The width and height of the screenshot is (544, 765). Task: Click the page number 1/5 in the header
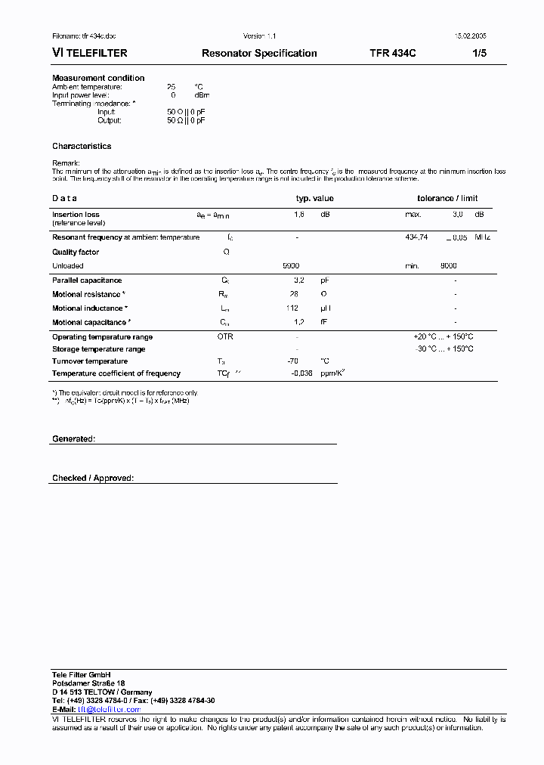(480, 54)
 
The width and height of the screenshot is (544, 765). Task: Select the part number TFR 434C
(393, 54)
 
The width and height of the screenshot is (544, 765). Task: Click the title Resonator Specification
(259, 54)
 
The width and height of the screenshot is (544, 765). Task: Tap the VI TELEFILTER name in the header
(89, 54)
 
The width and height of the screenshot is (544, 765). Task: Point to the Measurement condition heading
(98, 78)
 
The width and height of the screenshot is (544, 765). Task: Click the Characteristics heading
(82, 146)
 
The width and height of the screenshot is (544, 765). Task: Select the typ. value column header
(314, 198)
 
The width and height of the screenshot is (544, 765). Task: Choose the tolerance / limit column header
(447, 198)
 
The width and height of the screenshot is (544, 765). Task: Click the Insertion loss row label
(76, 215)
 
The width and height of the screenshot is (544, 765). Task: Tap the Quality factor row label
(76, 252)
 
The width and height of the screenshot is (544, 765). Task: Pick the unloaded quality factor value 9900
(291, 266)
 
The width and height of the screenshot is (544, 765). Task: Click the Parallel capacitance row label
(87, 280)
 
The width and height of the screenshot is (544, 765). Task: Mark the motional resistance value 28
(294, 294)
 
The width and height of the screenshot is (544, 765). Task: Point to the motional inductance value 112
(292, 308)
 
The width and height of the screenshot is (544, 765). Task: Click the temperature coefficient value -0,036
(302, 373)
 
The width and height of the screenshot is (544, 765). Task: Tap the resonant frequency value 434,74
(417, 237)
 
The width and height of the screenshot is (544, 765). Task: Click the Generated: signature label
(73, 438)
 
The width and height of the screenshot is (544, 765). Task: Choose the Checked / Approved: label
(92, 478)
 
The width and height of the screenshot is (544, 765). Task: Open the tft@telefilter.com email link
(104, 710)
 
